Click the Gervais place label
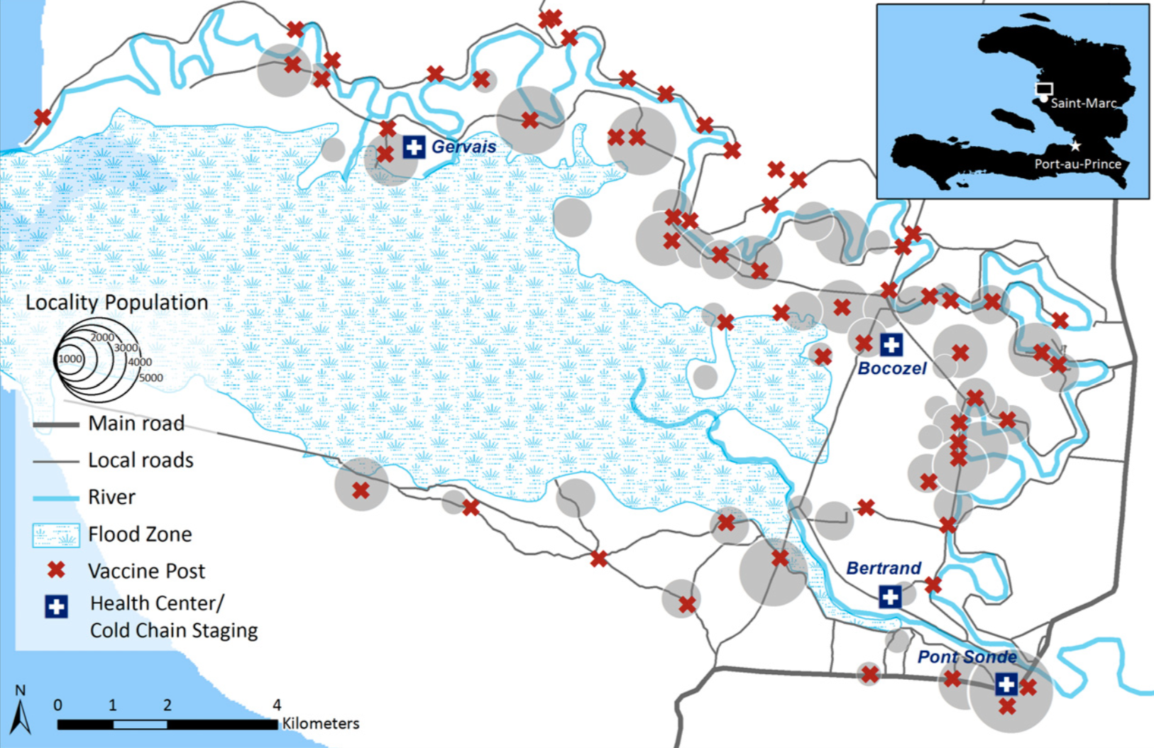tap(463, 147)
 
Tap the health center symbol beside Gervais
tap(414, 147)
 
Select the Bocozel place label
tap(892, 368)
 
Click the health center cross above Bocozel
tap(891, 345)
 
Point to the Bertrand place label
tap(884, 568)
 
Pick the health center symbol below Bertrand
tap(890, 597)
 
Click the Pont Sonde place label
tap(967, 657)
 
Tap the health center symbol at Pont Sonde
tap(1006, 684)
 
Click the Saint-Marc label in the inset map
tap(1084, 103)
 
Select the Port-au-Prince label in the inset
tap(1077, 164)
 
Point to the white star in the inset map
tap(1076, 145)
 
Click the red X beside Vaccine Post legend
tap(56, 570)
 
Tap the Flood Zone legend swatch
tap(55, 534)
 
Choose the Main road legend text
tap(136, 424)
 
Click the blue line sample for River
tap(55, 497)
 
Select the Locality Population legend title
tap(117, 302)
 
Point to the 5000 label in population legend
tap(150, 378)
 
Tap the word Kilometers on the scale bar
tap(321, 724)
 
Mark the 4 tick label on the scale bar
tap(277, 705)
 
